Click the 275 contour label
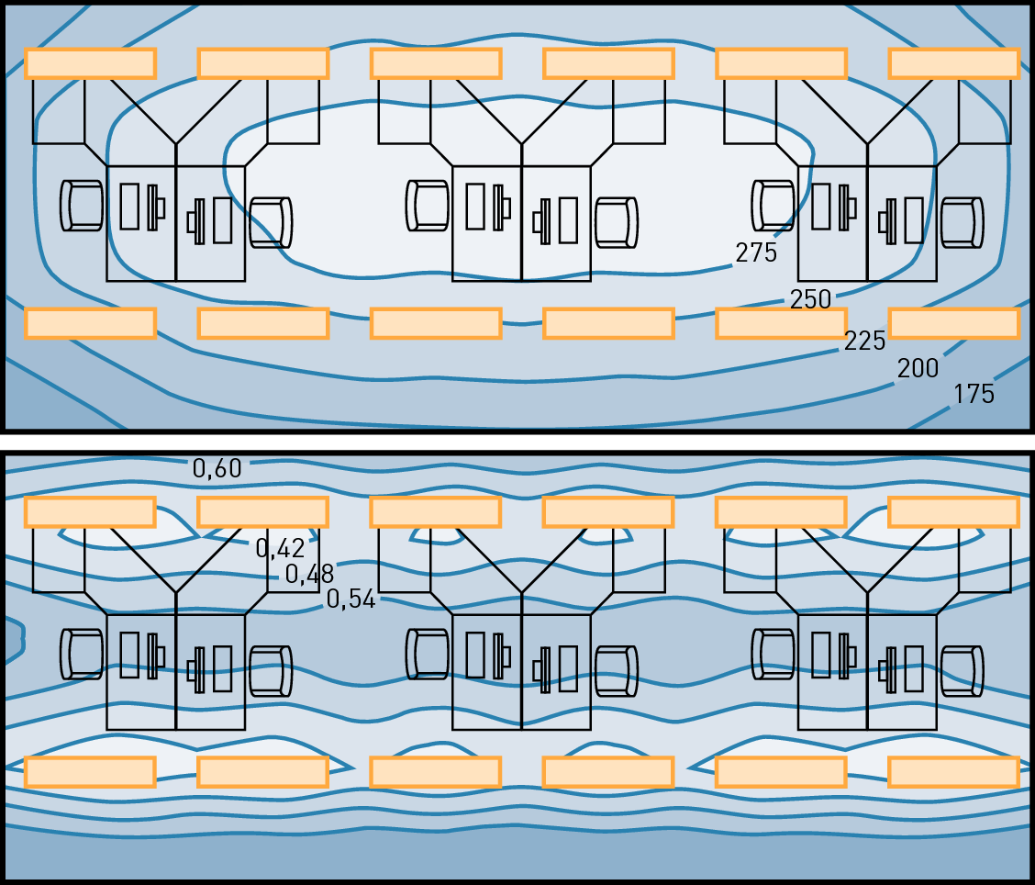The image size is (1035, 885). pyautogui.click(x=756, y=252)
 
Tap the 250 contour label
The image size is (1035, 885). pyautogui.click(x=810, y=300)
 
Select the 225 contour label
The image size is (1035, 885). pyautogui.click(x=864, y=341)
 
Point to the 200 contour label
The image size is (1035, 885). pyautogui.click(x=918, y=368)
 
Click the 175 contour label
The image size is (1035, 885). pyautogui.click(x=974, y=394)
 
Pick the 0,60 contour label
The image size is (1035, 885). pyautogui.click(x=217, y=468)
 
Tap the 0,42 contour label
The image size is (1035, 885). pyautogui.click(x=281, y=548)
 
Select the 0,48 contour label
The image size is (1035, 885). pyautogui.click(x=309, y=574)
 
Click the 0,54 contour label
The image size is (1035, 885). pyautogui.click(x=351, y=599)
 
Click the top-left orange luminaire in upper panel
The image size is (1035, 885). pyautogui.click(x=91, y=63)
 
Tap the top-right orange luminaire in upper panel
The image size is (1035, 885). pyautogui.click(x=954, y=63)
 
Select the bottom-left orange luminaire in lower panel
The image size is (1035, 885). pyautogui.click(x=91, y=772)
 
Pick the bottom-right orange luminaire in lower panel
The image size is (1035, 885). pyautogui.click(x=954, y=772)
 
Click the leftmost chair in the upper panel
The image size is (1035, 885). pyautogui.click(x=82, y=206)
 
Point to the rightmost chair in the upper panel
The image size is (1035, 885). pyautogui.click(x=962, y=222)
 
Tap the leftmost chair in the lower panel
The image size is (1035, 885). pyautogui.click(x=82, y=654)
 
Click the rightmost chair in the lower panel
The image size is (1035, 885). pyautogui.click(x=962, y=671)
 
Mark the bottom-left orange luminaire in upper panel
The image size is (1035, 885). pyautogui.click(x=91, y=324)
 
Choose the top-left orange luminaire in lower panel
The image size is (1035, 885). pyautogui.click(x=91, y=512)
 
